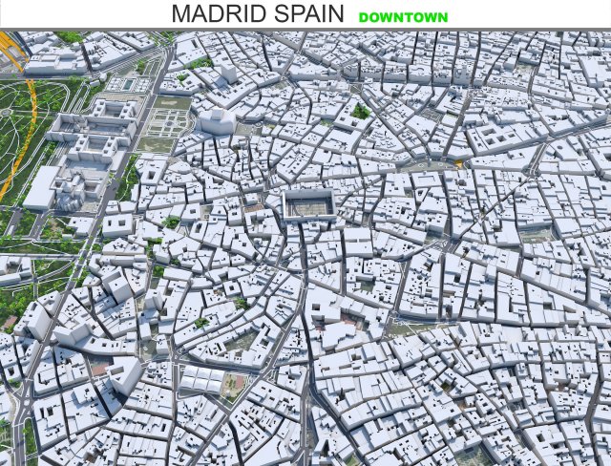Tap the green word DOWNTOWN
point(403,17)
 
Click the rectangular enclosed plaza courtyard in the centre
point(308,204)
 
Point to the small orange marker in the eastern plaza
point(461,163)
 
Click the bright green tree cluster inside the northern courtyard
point(361,111)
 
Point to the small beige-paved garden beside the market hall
point(235,382)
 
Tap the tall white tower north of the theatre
point(228,77)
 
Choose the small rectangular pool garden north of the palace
point(123,84)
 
